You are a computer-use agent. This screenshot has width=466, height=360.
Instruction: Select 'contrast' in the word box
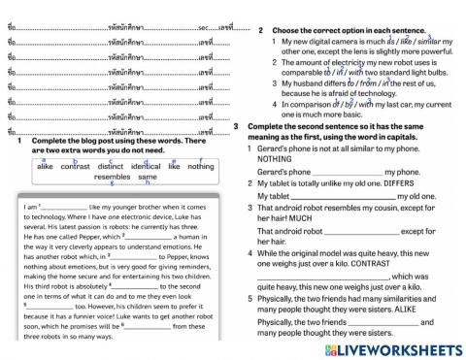(x=75, y=166)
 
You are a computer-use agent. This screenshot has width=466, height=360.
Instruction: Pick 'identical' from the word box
(x=146, y=166)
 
